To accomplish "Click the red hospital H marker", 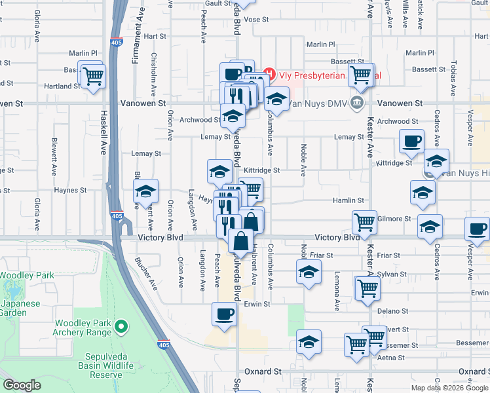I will coord(269,73).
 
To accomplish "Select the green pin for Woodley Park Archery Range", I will coord(120,326).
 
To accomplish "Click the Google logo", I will coord(22,384).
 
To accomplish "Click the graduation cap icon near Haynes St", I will coord(145,191).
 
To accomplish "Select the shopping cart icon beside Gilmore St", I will coord(365,221).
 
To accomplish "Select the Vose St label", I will coord(257,20).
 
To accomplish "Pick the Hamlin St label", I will coord(349,200).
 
